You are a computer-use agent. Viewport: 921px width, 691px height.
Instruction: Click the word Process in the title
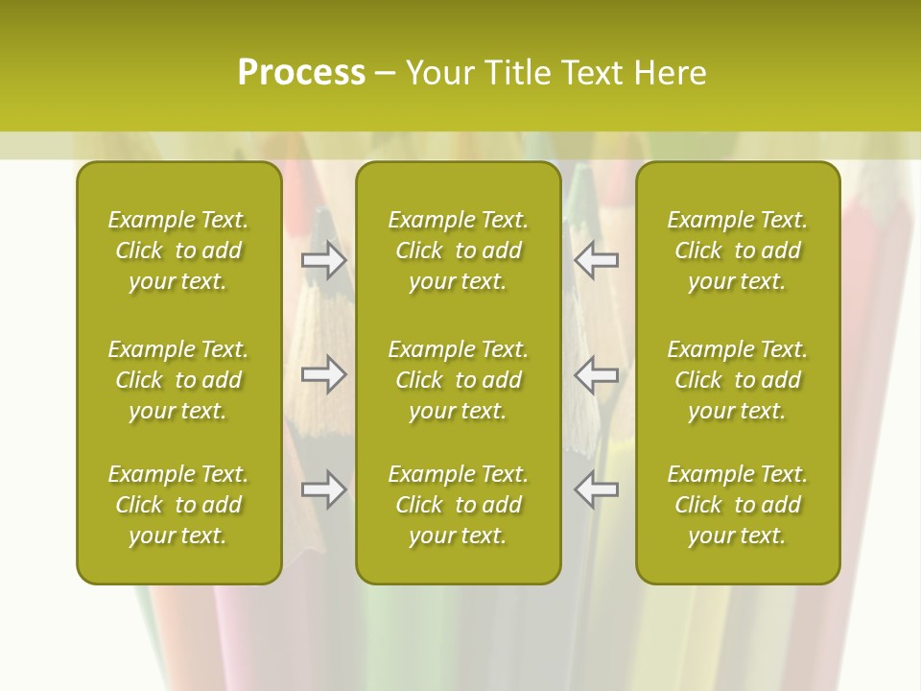(x=301, y=73)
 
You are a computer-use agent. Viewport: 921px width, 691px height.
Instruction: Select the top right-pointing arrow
(x=324, y=260)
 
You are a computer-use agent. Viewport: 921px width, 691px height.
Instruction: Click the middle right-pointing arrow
(x=324, y=374)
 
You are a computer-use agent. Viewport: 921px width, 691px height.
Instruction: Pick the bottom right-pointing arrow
(x=324, y=489)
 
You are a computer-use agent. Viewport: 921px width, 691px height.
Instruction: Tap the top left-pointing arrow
(x=597, y=260)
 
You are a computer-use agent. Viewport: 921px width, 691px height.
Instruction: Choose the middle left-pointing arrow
(x=597, y=374)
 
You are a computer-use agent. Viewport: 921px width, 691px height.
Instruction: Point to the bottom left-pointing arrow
(x=597, y=489)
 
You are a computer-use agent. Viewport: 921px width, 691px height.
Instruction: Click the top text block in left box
(x=178, y=250)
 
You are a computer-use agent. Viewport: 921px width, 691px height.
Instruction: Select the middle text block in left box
(x=178, y=380)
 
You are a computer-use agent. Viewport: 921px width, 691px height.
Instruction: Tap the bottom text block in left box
(x=178, y=505)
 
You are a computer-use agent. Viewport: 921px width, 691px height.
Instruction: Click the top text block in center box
(x=458, y=250)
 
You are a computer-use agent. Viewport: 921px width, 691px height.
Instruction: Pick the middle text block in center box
(x=458, y=380)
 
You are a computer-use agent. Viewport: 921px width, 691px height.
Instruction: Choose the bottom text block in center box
(x=458, y=505)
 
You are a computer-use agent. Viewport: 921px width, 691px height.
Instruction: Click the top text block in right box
(x=737, y=250)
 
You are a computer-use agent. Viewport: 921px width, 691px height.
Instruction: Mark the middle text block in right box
(x=737, y=380)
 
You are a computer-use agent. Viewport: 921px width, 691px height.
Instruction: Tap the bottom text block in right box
(x=737, y=505)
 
